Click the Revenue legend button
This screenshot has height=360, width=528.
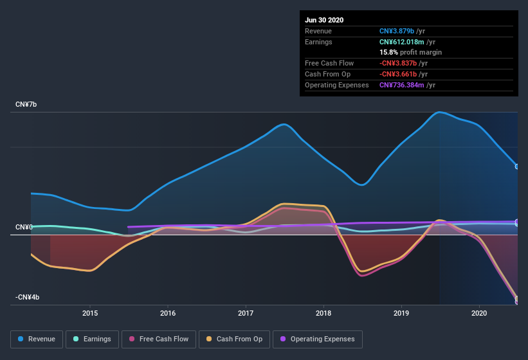[37, 339]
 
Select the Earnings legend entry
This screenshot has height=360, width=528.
[92, 339]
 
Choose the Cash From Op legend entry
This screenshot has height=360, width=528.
[235, 339]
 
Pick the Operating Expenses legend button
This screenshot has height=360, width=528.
[318, 339]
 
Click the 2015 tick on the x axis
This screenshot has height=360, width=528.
[90, 313]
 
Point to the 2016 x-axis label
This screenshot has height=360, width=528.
[168, 313]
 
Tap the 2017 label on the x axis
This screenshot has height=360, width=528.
[246, 313]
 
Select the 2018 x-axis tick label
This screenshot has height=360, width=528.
[323, 313]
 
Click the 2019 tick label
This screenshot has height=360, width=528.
[401, 313]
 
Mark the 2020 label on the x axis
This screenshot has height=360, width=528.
[479, 313]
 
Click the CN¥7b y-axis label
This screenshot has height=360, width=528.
[26, 104]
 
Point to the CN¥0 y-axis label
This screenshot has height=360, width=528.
[24, 228]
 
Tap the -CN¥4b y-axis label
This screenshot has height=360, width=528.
[28, 297]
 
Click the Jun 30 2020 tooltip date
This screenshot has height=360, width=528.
[324, 20]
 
